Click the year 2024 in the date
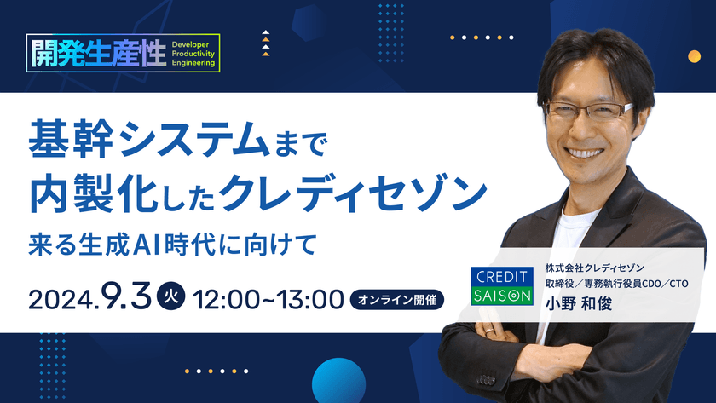[x=62, y=299]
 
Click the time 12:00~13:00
[x=268, y=299]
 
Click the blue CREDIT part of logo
[x=503, y=278]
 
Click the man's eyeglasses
[x=589, y=110]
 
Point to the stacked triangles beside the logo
[x=266, y=43]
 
